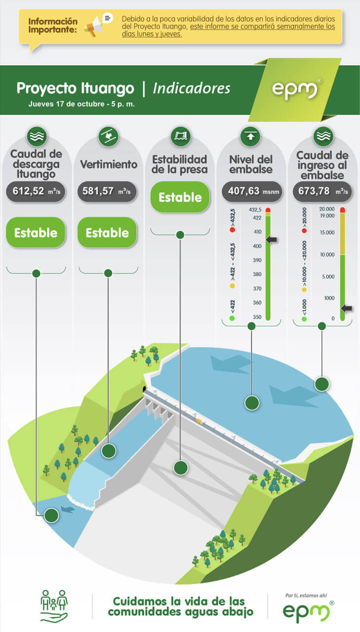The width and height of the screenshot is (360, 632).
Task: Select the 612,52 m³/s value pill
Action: [36, 192]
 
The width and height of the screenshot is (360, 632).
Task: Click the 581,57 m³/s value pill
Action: [107, 192]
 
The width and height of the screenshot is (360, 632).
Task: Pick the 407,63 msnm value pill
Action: [252, 192]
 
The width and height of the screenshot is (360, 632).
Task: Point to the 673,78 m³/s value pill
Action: [322, 192]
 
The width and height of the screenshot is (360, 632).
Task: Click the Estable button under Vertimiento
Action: [107, 233]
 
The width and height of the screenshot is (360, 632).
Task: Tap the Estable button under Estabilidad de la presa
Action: [180, 197]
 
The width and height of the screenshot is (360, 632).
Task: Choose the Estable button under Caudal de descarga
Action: [36, 233]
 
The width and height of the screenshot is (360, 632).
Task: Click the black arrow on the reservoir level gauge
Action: [272, 240]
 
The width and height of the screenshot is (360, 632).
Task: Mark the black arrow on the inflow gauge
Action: [347, 308]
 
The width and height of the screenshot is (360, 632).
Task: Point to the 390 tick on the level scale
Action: [257, 260]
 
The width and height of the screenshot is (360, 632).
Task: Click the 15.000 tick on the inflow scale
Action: [327, 233]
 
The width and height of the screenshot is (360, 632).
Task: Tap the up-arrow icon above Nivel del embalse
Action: [250, 136]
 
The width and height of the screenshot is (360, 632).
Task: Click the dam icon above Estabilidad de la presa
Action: [181, 136]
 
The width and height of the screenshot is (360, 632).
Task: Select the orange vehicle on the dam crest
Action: [200, 421]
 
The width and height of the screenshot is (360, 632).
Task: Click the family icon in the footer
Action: [54, 605]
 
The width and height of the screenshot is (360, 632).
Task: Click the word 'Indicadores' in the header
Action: [192, 88]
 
